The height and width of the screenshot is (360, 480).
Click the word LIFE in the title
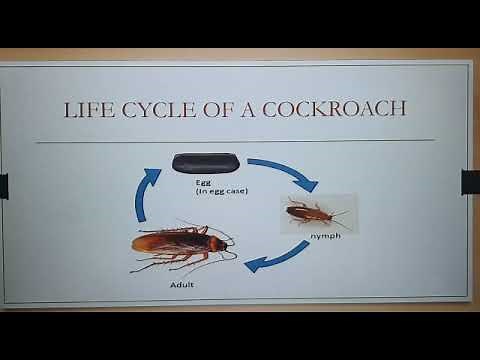(85, 108)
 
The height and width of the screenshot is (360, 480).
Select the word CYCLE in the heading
(157, 108)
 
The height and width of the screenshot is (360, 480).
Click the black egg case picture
(204, 161)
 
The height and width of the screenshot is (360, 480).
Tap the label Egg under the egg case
(204, 183)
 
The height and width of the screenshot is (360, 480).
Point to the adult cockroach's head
(219, 242)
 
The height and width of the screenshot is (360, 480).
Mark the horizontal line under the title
(239, 140)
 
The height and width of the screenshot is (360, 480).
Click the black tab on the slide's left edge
(3, 184)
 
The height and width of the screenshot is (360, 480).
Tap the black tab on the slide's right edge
(470, 182)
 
